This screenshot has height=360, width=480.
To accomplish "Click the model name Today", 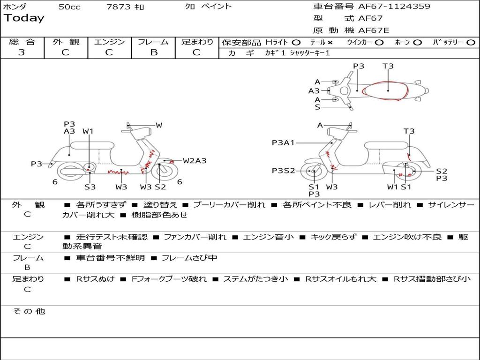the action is coord(24,18).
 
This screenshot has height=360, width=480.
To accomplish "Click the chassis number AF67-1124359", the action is coord(394,6).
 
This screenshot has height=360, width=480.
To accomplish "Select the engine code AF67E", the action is coord(374,30).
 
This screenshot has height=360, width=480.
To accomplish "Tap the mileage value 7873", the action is coord(119,7).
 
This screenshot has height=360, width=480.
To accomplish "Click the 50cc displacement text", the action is coord(69,7).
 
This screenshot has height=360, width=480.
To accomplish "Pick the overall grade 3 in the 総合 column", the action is coord(22,52).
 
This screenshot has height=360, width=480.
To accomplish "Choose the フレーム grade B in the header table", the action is coord(154,52).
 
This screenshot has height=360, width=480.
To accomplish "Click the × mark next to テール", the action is coord(330,43).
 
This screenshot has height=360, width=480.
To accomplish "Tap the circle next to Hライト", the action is coord(296,43).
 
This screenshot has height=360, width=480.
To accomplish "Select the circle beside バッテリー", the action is coord(471,43).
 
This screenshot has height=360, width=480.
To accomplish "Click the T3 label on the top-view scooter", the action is coord(388,66).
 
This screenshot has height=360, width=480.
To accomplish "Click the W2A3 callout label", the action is coord(195,161).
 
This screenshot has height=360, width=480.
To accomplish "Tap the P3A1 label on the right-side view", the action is coord(283,142).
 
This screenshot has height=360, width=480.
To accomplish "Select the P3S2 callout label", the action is coord(284,171).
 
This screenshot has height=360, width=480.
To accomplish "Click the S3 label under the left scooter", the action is coord(90,187).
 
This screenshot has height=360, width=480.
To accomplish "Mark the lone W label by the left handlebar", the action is coord(159,125).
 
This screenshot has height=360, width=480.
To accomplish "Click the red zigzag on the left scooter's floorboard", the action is coord(118,172).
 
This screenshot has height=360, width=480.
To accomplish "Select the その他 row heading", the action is coord(29,311).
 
